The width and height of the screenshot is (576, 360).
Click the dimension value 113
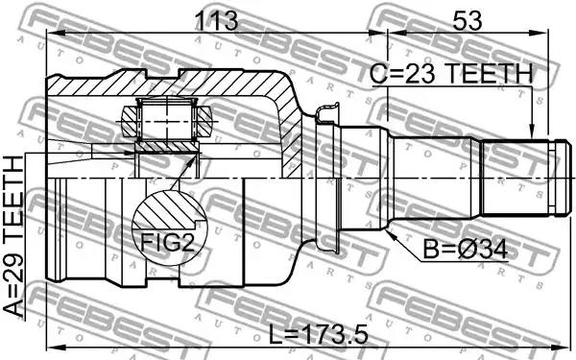tap(216, 20)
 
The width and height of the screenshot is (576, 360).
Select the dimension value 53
tap(467, 20)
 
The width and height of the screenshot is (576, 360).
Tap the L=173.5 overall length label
tap(318, 334)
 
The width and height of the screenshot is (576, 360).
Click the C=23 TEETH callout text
tap(451, 74)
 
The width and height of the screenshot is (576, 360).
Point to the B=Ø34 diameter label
tap(466, 250)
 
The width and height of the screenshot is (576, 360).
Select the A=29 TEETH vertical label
tap(13, 235)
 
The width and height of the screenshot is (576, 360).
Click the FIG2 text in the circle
tap(167, 242)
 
